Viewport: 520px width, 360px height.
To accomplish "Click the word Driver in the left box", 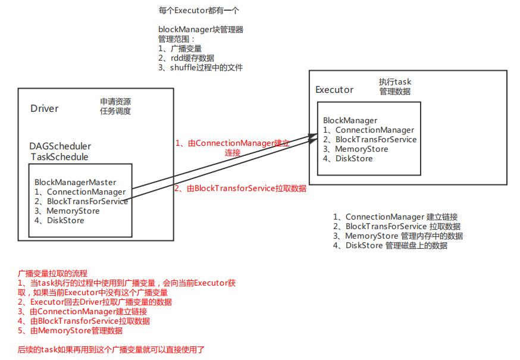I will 45,108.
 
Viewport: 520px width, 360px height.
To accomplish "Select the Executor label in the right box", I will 334,90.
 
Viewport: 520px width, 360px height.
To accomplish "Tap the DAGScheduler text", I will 60,146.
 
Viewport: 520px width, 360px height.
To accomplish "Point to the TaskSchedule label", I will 59,157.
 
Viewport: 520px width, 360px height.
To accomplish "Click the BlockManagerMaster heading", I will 76,182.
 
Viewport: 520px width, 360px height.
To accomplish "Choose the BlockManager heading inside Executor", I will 350,120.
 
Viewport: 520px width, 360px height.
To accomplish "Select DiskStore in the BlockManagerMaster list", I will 65,220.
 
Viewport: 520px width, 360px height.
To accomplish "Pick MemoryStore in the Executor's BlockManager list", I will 362,149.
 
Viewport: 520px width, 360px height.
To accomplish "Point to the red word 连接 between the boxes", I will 232,152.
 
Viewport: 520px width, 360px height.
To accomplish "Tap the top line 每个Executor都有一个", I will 199,11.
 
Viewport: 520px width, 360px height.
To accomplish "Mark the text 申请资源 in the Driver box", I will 115,101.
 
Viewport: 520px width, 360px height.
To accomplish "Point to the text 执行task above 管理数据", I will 395,82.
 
